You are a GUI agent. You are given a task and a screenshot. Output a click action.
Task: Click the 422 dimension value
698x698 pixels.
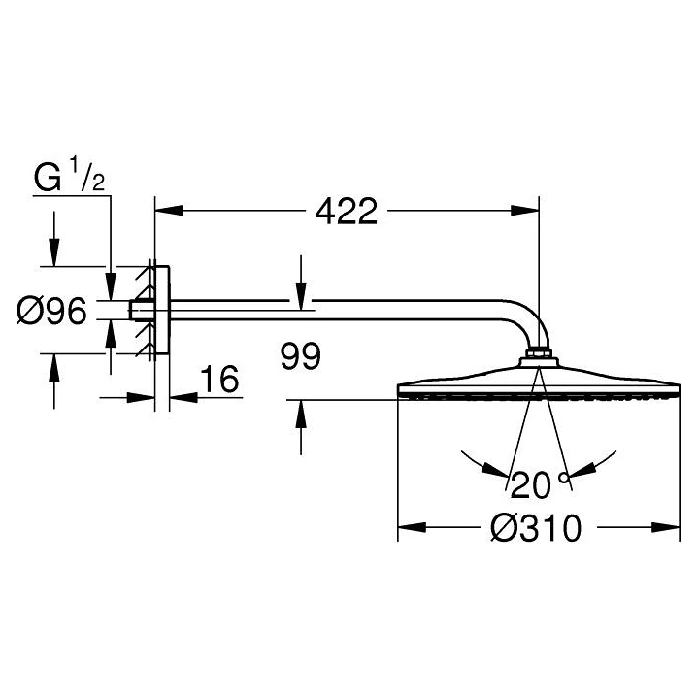tap(347, 211)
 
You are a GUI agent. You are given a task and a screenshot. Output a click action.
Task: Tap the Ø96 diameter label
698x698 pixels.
tap(51, 311)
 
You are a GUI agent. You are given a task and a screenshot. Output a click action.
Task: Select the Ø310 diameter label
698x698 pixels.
tap(536, 528)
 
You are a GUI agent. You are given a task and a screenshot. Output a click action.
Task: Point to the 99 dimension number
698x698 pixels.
tap(301, 355)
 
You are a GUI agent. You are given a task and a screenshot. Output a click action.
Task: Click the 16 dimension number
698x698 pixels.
tap(219, 380)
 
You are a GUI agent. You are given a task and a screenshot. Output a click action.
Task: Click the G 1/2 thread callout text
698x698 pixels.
tap(70, 178)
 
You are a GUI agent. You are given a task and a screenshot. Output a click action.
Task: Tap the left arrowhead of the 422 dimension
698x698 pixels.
tap(169, 210)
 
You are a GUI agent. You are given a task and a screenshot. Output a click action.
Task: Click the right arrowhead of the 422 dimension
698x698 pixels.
tap(524, 210)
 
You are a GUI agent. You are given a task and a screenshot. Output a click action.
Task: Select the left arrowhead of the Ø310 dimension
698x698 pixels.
tap(412, 527)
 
